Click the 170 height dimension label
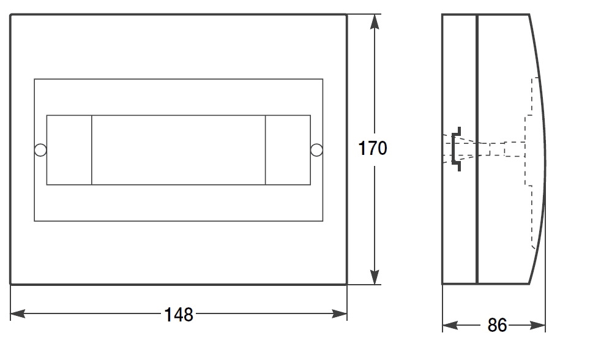pyautogui.click(x=373, y=148)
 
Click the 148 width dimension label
pyautogui.click(x=179, y=315)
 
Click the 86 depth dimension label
pyautogui.click(x=497, y=325)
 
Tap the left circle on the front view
pyautogui.click(x=40, y=150)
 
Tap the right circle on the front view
pyautogui.click(x=316, y=150)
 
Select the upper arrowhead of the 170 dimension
pyautogui.click(x=375, y=22)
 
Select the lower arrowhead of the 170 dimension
pyautogui.click(x=375, y=277)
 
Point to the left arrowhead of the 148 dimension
pyautogui.click(x=18, y=313)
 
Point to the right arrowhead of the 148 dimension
pyautogui.click(x=340, y=313)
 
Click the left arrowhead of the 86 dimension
pyautogui.click(x=450, y=324)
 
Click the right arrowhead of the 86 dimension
pyautogui.click(x=537, y=324)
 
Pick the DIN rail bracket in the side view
pyautogui.click(x=457, y=149)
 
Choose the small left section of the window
pyautogui.click(x=69, y=150)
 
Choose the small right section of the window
pyautogui.click(x=288, y=150)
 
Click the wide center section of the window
pyautogui.click(x=178, y=150)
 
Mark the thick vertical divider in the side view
pyautogui.click(x=477, y=149)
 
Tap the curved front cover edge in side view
pyautogui.click(x=544, y=149)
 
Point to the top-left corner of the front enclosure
pyautogui.click(x=10, y=15)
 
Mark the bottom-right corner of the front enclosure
pyautogui.click(x=346, y=284)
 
